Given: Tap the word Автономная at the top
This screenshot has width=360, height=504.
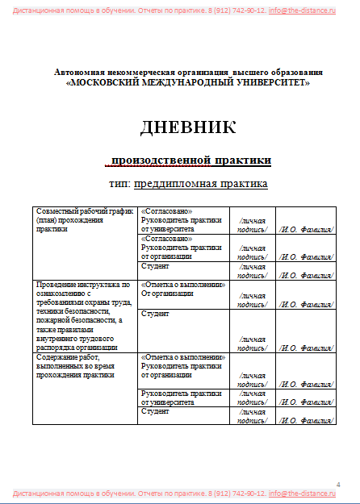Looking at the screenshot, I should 80,73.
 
